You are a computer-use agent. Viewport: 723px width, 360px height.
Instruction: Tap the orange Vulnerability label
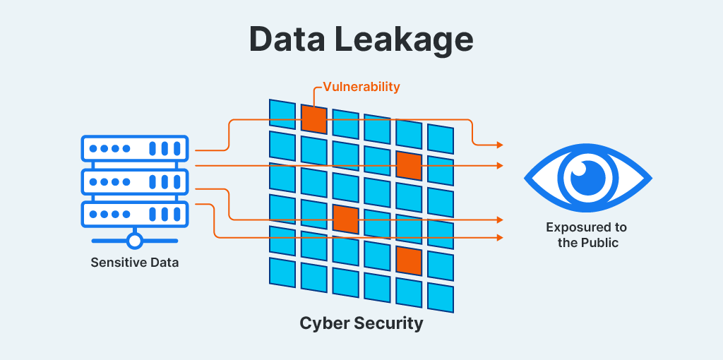361,87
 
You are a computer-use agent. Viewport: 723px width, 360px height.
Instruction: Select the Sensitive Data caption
135,263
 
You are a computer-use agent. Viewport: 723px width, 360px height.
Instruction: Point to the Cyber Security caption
361,323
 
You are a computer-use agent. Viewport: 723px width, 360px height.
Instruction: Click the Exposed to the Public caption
586,235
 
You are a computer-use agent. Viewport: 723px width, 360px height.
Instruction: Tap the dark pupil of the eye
587,177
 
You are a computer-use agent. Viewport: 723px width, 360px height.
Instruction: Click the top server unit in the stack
135,149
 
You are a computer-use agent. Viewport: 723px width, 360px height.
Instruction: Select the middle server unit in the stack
135,181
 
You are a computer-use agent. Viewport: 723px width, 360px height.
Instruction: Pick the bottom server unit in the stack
135,213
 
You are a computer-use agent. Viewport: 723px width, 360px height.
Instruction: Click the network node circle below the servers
135,241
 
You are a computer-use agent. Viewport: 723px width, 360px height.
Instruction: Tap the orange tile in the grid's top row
313,119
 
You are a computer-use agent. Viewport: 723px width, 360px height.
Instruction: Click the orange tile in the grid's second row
408,165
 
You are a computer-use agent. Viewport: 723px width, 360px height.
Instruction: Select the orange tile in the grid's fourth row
345,219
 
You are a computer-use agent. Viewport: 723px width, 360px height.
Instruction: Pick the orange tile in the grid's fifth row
408,260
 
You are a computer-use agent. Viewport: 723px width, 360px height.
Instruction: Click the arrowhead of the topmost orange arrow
500,145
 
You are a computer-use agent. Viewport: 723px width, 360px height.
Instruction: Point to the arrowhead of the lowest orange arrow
500,238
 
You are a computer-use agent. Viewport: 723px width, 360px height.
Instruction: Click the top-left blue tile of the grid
282,113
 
